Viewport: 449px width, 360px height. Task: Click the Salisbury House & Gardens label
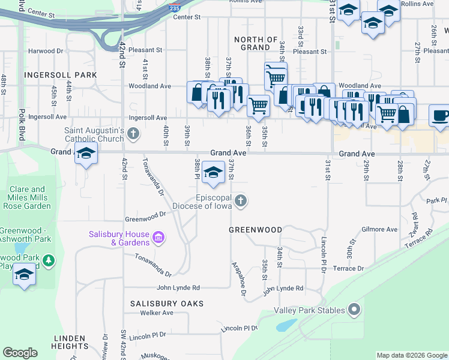(x=119, y=238)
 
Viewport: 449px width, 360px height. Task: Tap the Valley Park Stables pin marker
(x=354, y=310)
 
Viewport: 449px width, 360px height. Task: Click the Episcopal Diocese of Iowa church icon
(x=240, y=200)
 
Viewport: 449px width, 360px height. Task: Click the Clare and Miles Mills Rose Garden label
(x=28, y=197)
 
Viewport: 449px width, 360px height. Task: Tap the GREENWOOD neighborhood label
(x=256, y=230)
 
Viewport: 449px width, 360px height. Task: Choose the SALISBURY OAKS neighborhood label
(x=167, y=304)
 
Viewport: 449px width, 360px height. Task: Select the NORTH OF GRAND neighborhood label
(x=256, y=43)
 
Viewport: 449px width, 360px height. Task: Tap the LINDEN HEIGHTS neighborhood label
(x=70, y=341)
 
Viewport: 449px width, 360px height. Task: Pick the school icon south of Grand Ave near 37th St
(x=212, y=173)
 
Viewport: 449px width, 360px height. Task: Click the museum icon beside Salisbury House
(x=158, y=238)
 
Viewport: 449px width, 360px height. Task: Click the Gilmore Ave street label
(x=379, y=229)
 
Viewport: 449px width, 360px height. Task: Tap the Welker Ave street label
(x=156, y=313)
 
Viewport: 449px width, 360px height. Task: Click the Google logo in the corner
(x=20, y=353)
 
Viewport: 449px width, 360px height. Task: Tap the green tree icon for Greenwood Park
(x=49, y=261)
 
